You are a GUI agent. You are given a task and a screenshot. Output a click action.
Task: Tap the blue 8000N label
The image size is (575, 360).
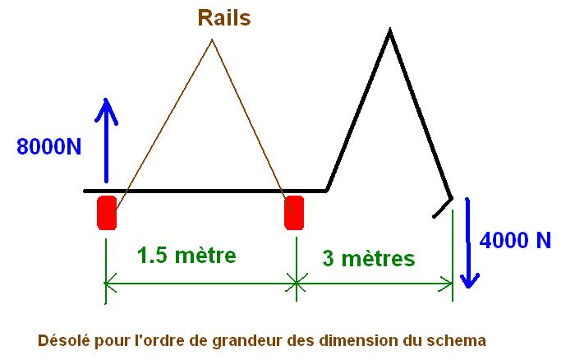click(x=49, y=147)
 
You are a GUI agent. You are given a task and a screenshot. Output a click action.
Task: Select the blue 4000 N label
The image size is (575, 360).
click(x=515, y=241)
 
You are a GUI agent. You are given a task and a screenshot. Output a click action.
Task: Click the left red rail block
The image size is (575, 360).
click(x=107, y=212)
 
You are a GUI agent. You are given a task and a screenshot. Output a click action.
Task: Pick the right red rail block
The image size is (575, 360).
click(x=294, y=212)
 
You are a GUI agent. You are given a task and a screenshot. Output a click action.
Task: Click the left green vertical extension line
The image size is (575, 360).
click(x=105, y=263)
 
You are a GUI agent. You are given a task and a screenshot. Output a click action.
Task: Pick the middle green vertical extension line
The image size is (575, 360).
click(x=297, y=263)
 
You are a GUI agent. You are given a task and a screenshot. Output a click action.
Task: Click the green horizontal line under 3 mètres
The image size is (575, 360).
click(x=375, y=284)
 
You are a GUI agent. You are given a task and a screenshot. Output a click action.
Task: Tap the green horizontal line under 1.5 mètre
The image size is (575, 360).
click(x=201, y=284)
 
